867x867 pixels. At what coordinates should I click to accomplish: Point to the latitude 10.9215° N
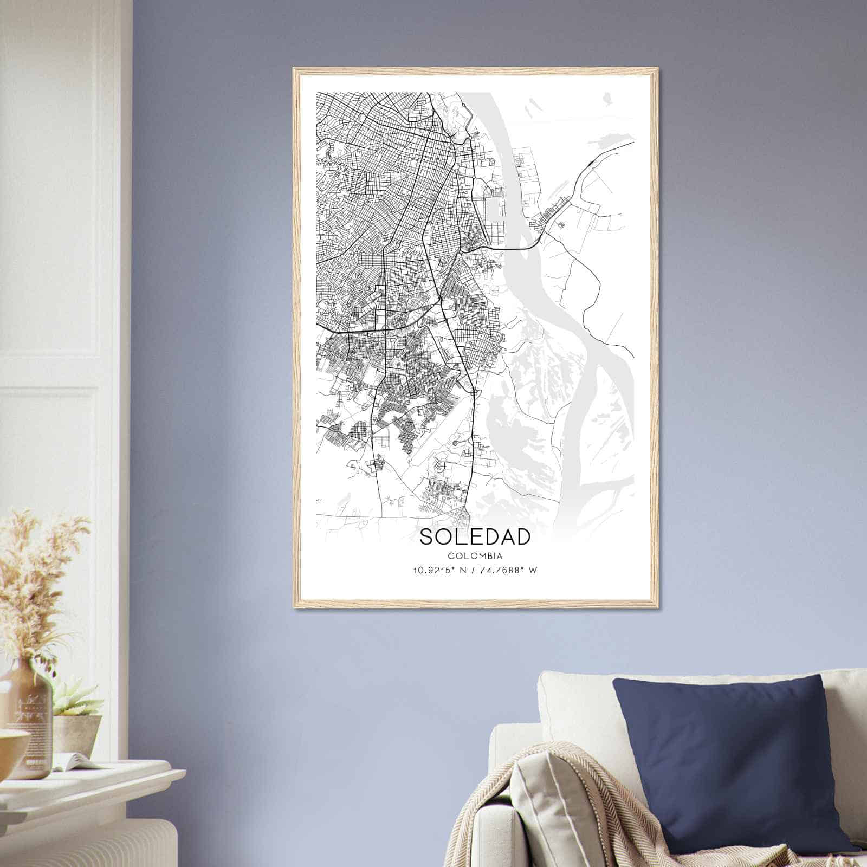(x=440, y=570)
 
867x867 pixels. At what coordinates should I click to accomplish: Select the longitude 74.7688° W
(x=508, y=570)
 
